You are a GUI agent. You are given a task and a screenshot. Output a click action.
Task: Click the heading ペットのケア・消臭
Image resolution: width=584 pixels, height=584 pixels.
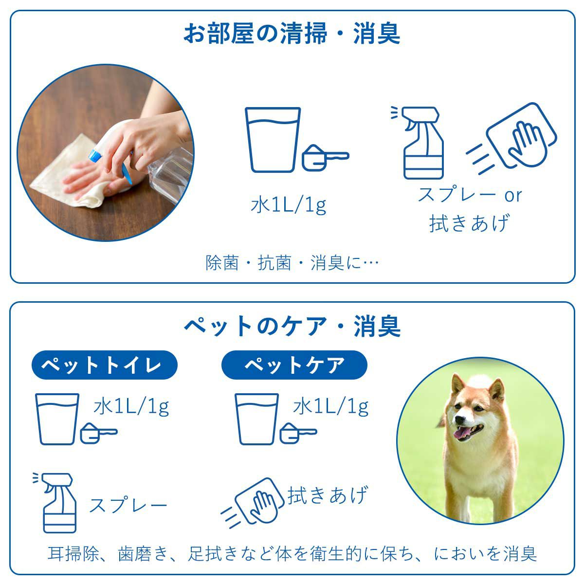point(292,326)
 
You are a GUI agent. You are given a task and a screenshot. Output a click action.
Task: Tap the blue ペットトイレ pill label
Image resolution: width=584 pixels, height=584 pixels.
point(104,365)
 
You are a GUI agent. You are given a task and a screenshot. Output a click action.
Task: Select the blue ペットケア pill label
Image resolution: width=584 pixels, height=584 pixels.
point(294,365)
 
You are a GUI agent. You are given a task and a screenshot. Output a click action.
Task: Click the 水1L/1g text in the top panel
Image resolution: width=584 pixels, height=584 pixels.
point(288,205)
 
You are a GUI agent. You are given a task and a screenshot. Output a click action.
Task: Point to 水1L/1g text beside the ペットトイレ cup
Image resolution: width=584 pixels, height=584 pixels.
point(131,406)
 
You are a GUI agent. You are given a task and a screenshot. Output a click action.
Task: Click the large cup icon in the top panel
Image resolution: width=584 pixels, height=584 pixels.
point(273,140)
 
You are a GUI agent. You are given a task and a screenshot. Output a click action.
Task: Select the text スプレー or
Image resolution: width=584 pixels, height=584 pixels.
point(470,195)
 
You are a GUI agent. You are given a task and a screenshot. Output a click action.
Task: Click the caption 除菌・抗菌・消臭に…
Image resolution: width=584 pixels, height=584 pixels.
point(292,263)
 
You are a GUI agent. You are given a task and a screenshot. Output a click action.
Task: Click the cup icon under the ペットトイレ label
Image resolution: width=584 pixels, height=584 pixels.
point(57,419)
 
